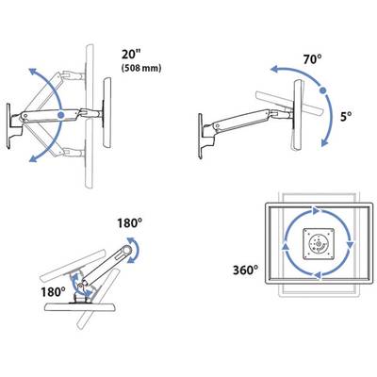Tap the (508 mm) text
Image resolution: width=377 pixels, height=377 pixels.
[x=141, y=68]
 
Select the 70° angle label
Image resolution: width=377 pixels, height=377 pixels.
[x=312, y=59]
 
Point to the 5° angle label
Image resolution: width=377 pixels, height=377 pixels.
[x=346, y=117]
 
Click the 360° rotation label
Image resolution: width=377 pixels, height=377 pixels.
[x=246, y=270]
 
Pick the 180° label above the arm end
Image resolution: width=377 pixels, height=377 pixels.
[x=129, y=223]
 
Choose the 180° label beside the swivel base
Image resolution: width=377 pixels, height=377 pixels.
[x=53, y=292]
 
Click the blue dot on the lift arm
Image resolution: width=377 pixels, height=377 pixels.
[x=61, y=115]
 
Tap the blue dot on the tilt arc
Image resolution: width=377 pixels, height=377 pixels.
[x=322, y=90]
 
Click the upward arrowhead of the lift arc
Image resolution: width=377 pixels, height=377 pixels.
[x=32, y=73]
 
